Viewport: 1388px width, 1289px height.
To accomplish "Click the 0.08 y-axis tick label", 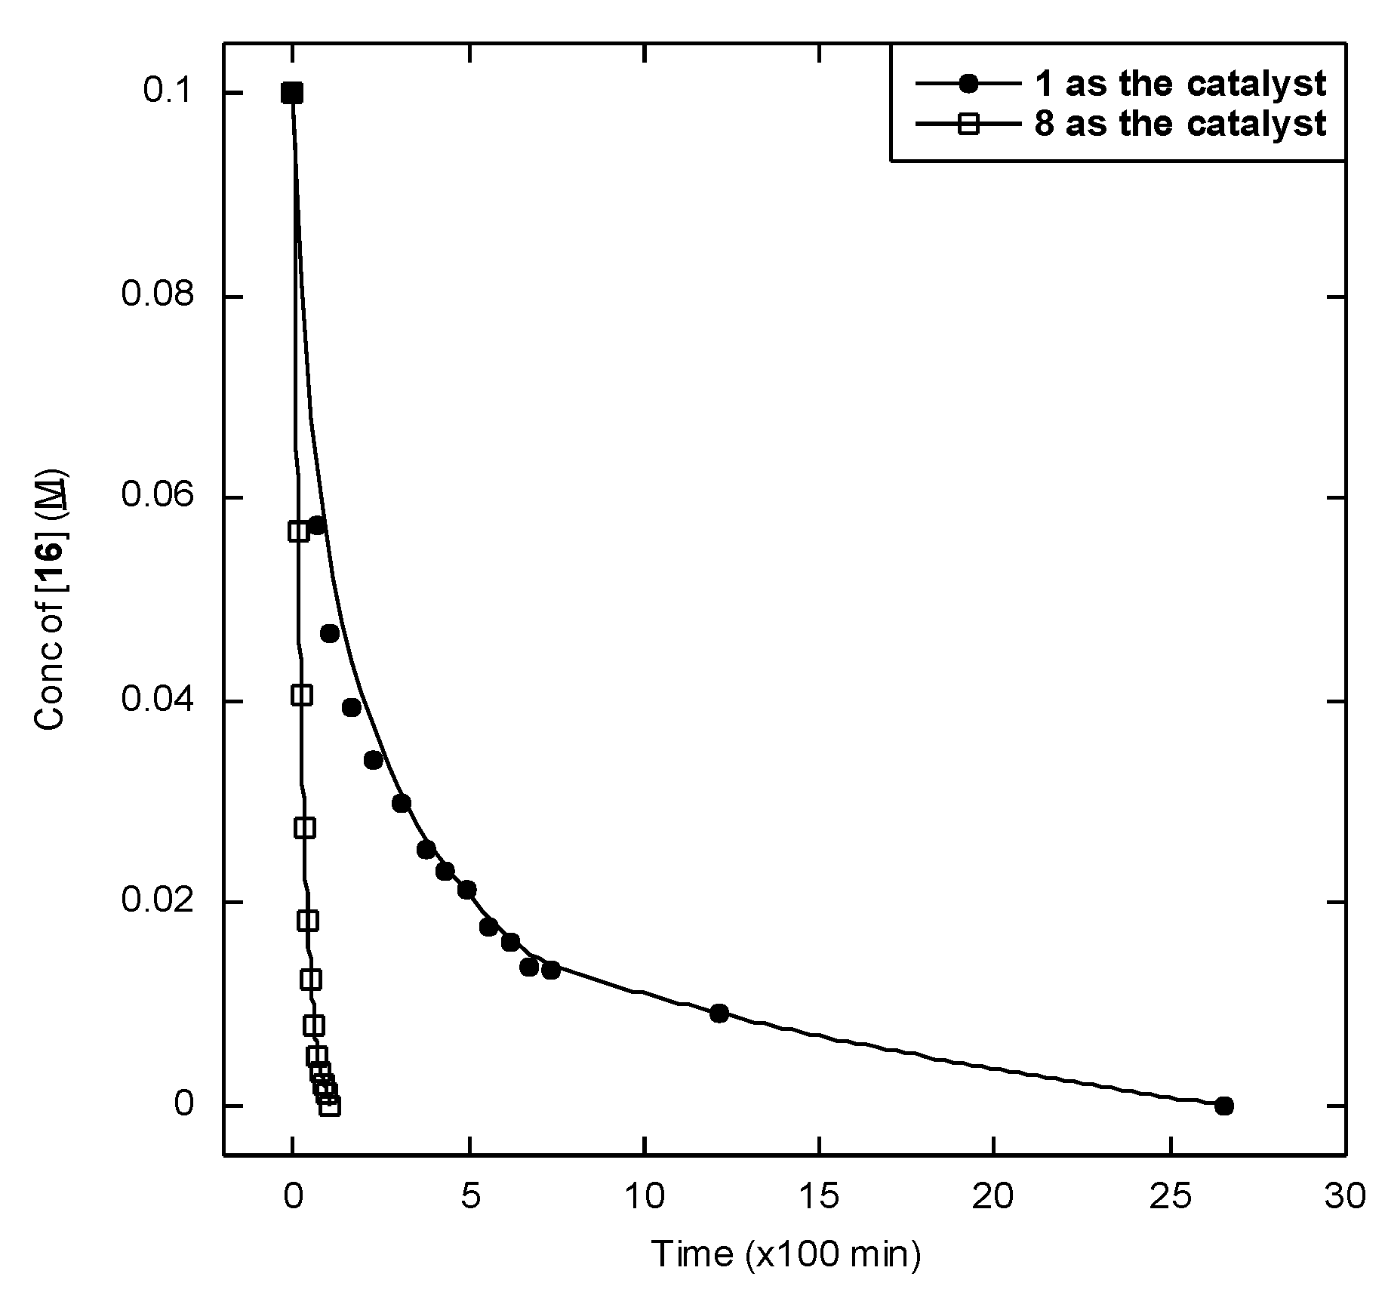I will point(158,296).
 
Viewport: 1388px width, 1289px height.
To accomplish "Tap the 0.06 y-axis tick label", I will point(158,497).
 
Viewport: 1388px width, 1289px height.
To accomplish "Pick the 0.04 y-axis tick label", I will point(158,701).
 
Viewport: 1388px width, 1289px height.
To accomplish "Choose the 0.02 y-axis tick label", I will point(158,902).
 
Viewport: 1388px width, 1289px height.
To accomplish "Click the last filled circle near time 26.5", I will point(1223,1106).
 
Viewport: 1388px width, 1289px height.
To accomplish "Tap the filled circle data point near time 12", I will point(719,1013).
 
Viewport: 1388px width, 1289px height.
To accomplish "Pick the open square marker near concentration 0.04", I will point(302,695).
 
